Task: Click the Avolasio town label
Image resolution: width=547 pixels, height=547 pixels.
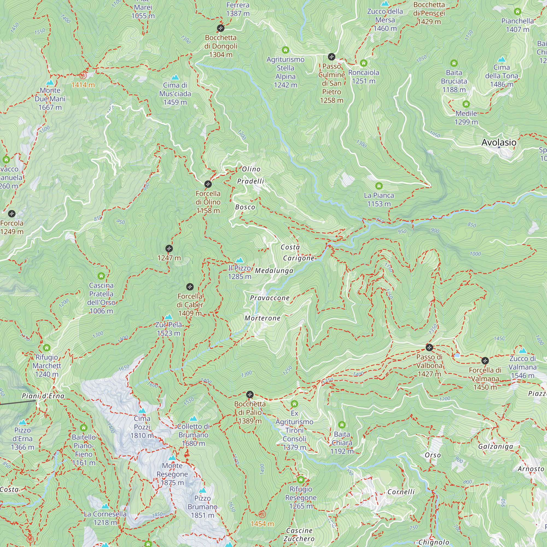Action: click(499, 142)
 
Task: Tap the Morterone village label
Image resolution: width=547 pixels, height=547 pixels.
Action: click(263, 318)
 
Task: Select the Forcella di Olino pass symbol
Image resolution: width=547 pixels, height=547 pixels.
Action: click(208, 184)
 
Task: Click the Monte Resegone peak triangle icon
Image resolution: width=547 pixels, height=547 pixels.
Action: click(172, 458)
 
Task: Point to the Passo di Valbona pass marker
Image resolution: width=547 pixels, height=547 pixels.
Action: click(429, 347)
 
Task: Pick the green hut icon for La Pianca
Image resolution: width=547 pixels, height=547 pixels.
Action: click(379, 186)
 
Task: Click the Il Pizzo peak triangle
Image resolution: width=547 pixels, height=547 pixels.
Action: click(240, 260)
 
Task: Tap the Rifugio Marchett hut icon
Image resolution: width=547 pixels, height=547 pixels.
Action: click(47, 348)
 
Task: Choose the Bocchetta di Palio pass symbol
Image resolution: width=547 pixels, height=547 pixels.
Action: click(250, 394)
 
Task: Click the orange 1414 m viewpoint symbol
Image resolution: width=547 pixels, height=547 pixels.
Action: click(83, 75)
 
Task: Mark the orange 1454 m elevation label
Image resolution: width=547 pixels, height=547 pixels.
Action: click(262, 524)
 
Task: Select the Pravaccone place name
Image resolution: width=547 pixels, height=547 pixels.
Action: click(270, 298)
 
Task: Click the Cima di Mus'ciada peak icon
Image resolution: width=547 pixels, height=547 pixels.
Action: click(175, 77)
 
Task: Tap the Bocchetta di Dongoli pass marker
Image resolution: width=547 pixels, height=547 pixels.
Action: click(220, 28)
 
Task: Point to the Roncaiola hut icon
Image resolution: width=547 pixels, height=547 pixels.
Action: click(363, 63)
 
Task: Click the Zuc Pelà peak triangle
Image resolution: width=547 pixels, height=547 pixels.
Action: click(168, 316)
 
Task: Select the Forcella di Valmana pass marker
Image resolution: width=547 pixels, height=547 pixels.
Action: click(485, 360)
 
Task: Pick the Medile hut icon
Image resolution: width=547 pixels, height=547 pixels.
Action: click(466, 104)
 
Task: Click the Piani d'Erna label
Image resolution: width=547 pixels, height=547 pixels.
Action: click(43, 396)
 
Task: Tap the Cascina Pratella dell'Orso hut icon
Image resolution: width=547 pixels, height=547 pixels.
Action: click(101, 276)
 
